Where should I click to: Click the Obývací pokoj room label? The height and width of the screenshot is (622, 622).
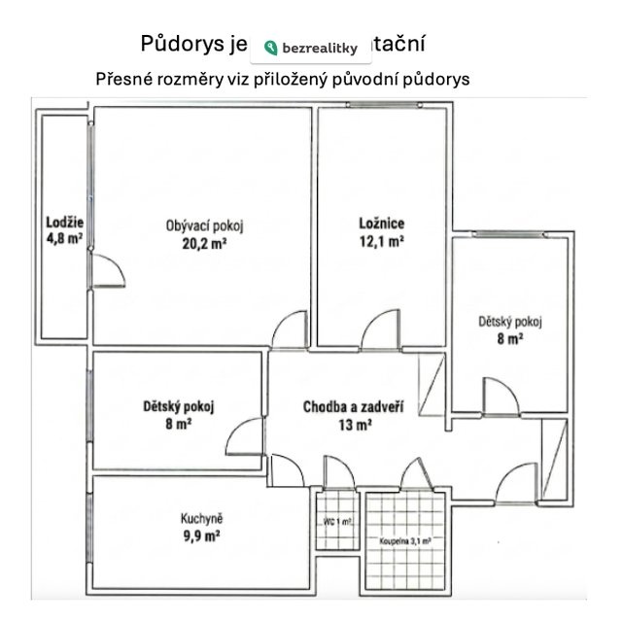[204, 226]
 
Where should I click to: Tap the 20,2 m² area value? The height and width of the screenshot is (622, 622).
[204, 245]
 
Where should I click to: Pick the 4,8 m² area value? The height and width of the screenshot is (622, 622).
[64, 237]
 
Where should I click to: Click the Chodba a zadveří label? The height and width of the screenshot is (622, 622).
[353, 406]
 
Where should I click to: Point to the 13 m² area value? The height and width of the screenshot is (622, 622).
[353, 424]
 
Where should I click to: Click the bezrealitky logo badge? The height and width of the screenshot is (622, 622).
[311, 47]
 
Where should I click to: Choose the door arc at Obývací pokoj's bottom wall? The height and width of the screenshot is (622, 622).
[290, 331]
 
